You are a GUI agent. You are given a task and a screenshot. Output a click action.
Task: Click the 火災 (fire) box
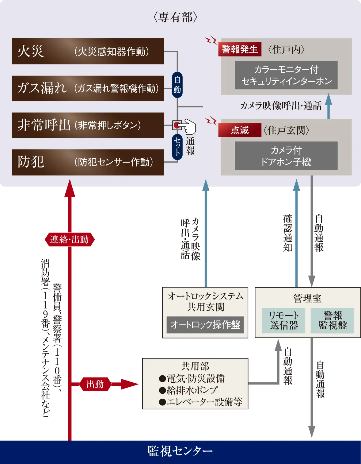pos(88,51)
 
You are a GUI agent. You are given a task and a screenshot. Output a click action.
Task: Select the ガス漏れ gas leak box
pos(88,88)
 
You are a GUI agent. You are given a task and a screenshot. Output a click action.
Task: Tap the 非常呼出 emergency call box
pos(88,125)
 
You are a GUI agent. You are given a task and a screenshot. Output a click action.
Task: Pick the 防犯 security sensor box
pos(88,162)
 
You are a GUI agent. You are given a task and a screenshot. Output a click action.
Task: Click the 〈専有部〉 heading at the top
pos(175,17)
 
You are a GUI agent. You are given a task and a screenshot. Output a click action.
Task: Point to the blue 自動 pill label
pos(177,85)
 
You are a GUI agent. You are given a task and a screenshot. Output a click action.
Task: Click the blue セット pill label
pos(177,147)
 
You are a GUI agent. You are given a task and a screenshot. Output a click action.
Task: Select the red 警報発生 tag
pos(240,49)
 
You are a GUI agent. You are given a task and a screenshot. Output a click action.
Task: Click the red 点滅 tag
pos(240,130)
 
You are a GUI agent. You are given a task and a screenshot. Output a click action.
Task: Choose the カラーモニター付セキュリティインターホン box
pos(286,75)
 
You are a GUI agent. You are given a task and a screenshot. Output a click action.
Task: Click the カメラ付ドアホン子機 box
pos(286,156)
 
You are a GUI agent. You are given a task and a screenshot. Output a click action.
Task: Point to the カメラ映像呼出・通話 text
pos(281,106)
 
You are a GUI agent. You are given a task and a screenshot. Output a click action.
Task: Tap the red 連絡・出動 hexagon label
pos(70,239)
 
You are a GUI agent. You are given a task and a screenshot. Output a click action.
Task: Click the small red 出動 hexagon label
pos(95,384)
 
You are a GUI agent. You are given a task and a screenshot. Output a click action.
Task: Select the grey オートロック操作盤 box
pos(205,325)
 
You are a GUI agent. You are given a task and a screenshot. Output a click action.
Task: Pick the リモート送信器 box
pos(283,321)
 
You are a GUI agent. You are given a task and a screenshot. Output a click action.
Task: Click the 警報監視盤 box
pos(332,321)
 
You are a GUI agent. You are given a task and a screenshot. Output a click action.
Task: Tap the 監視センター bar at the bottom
pos(180,451)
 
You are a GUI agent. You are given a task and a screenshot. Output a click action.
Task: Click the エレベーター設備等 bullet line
pos(201,402)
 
